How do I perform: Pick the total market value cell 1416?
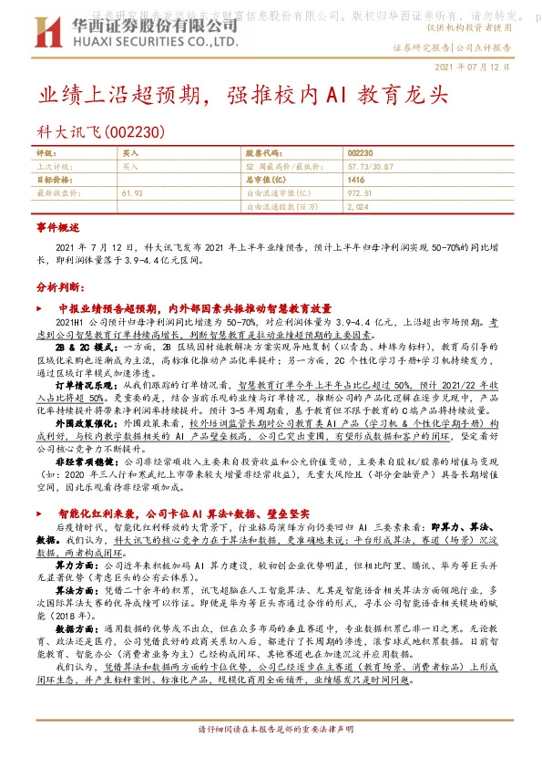pyautogui.click(x=355, y=181)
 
